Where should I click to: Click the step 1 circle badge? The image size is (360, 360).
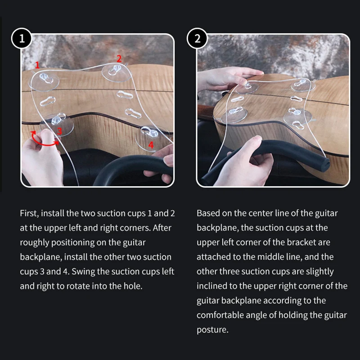point(22,38)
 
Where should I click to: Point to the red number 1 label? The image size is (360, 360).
point(37,65)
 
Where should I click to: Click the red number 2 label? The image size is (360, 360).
point(119,58)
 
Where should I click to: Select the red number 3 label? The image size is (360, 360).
point(59,131)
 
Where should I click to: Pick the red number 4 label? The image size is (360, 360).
point(151,145)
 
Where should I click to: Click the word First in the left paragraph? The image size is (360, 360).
point(29,213)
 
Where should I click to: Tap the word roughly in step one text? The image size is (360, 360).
point(35,242)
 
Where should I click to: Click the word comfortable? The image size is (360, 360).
point(220,315)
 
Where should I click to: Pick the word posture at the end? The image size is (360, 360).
point(212,329)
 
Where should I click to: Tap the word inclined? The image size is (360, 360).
point(211,286)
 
